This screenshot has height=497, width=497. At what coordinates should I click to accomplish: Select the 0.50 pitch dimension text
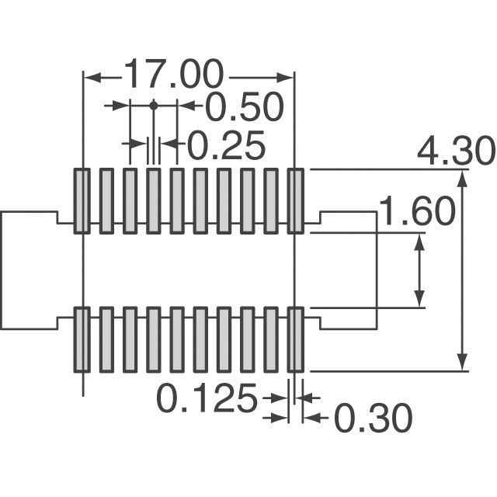click(244, 107)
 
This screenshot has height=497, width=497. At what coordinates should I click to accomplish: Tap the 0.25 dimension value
click(227, 144)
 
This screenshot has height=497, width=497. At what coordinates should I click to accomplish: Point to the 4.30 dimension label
click(456, 151)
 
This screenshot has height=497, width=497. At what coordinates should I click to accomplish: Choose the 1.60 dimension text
click(418, 210)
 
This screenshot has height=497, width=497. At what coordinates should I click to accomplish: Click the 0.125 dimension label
click(207, 398)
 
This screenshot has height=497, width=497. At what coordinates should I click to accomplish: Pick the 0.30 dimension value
click(374, 418)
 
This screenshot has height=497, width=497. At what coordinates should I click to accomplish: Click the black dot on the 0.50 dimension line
click(154, 106)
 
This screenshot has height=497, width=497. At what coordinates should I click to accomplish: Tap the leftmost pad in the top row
click(82, 201)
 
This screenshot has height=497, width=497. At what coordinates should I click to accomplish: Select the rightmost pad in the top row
click(295, 201)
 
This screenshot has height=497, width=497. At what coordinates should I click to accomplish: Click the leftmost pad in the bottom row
click(82, 339)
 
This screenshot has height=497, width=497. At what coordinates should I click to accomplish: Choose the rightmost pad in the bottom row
click(295, 339)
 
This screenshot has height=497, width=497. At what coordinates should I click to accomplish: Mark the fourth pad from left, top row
click(154, 201)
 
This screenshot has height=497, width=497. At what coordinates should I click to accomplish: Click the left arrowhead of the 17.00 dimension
click(92, 78)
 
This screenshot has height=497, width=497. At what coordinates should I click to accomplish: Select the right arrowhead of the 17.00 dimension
click(285, 78)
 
